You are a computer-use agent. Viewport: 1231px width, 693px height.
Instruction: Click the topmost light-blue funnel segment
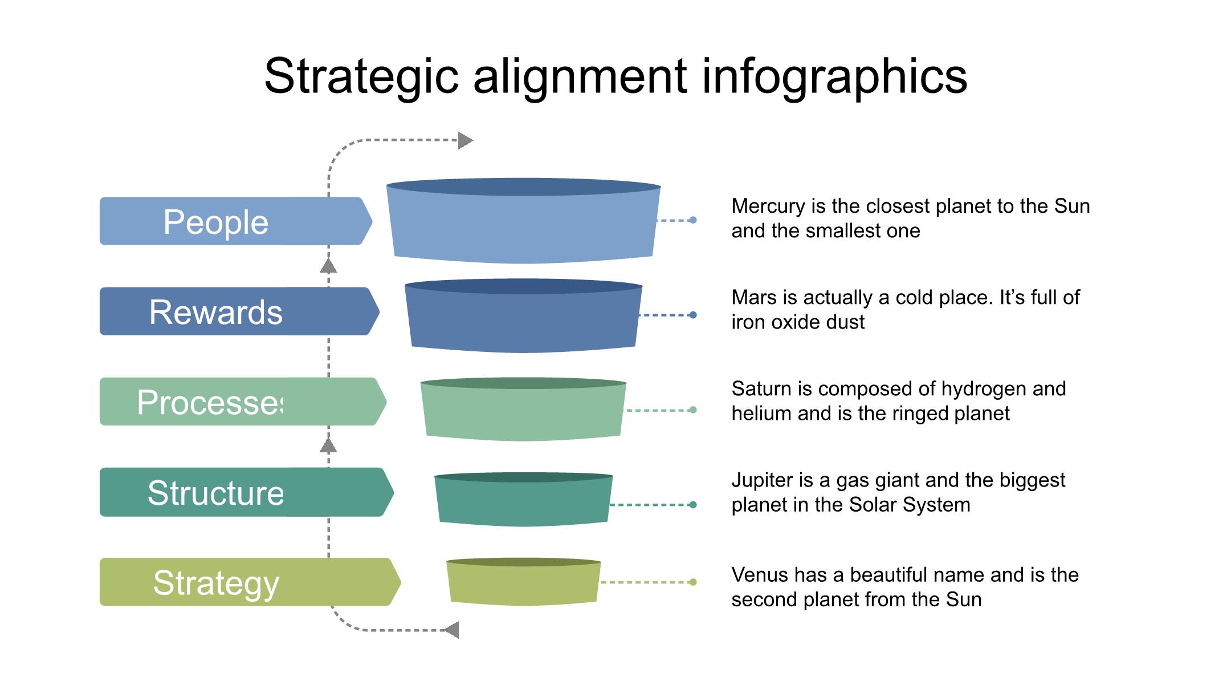pyautogui.click(x=523, y=225)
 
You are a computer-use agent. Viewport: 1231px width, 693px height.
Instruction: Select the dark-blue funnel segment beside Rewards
pyautogui.click(x=523, y=319)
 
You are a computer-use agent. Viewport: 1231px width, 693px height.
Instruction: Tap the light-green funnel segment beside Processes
pyautogui.click(x=523, y=412)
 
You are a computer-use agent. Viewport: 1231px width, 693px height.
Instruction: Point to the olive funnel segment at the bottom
pyautogui.click(x=523, y=584)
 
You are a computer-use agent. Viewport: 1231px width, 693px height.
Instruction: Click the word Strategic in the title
pyautogui.click(x=361, y=76)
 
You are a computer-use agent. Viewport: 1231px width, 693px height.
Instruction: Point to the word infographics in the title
pyautogui.click(x=834, y=76)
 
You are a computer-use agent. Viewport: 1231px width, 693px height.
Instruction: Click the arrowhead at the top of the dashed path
pyautogui.click(x=465, y=140)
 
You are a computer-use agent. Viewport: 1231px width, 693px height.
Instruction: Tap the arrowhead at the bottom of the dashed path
pyautogui.click(x=452, y=630)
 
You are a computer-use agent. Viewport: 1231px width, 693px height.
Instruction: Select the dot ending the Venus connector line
pyautogui.click(x=693, y=582)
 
